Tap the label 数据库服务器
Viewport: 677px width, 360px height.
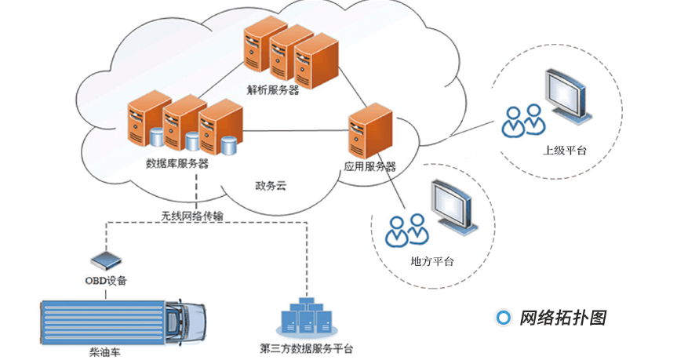click(177, 163)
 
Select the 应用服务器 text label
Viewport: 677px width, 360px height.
click(369, 166)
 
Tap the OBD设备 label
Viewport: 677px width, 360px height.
click(105, 280)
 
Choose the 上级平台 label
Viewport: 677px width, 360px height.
click(565, 150)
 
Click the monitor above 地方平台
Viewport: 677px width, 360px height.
click(454, 207)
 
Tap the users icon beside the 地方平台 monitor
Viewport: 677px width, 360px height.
click(407, 230)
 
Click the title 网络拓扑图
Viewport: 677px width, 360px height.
click(562, 318)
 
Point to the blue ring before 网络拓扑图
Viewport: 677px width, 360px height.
click(504, 318)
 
